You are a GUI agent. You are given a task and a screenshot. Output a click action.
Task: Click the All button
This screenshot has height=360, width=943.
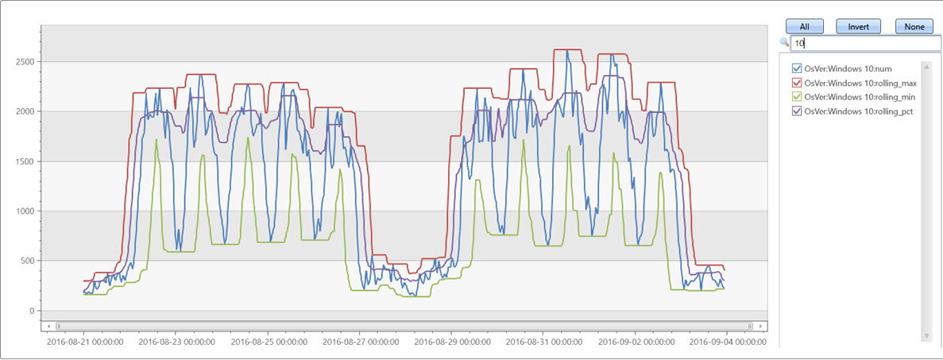pyautogui.click(x=804, y=26)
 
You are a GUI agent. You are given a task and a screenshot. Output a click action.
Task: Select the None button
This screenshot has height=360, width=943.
pyautogui.click(x=914, y=26)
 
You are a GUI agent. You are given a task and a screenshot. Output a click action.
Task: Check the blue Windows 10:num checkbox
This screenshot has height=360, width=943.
pyautogui.click(x=797, y=68)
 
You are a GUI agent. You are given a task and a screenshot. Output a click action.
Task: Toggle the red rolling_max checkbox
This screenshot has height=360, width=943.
pyautogui.click(x=797, y=83)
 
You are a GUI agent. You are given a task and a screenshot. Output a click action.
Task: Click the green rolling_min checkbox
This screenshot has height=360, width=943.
pyautogui.click(x=797, y=97)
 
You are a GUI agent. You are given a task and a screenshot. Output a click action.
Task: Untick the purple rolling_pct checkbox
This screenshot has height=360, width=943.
pyautogui.click(x=797, y=111)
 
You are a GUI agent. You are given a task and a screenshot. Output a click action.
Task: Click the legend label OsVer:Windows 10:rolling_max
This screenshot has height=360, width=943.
pyautogui.click(x=860, y=83)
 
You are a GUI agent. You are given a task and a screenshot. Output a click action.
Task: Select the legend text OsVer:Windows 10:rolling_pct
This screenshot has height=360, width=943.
pyautogui.click(x=858, y=111)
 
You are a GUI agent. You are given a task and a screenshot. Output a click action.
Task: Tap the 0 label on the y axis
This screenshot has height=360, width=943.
pyautogui.click(x=33, y=311)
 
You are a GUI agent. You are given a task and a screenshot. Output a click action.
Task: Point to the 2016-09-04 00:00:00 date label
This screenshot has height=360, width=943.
pyautogui.click(x=726, y=343)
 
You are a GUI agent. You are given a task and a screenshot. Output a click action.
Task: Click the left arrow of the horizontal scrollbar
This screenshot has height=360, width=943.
pyautogui.click(x=48, y=326)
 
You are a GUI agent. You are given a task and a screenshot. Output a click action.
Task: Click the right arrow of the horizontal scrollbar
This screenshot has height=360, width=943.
pyautogui.click(x=760, y=326)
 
